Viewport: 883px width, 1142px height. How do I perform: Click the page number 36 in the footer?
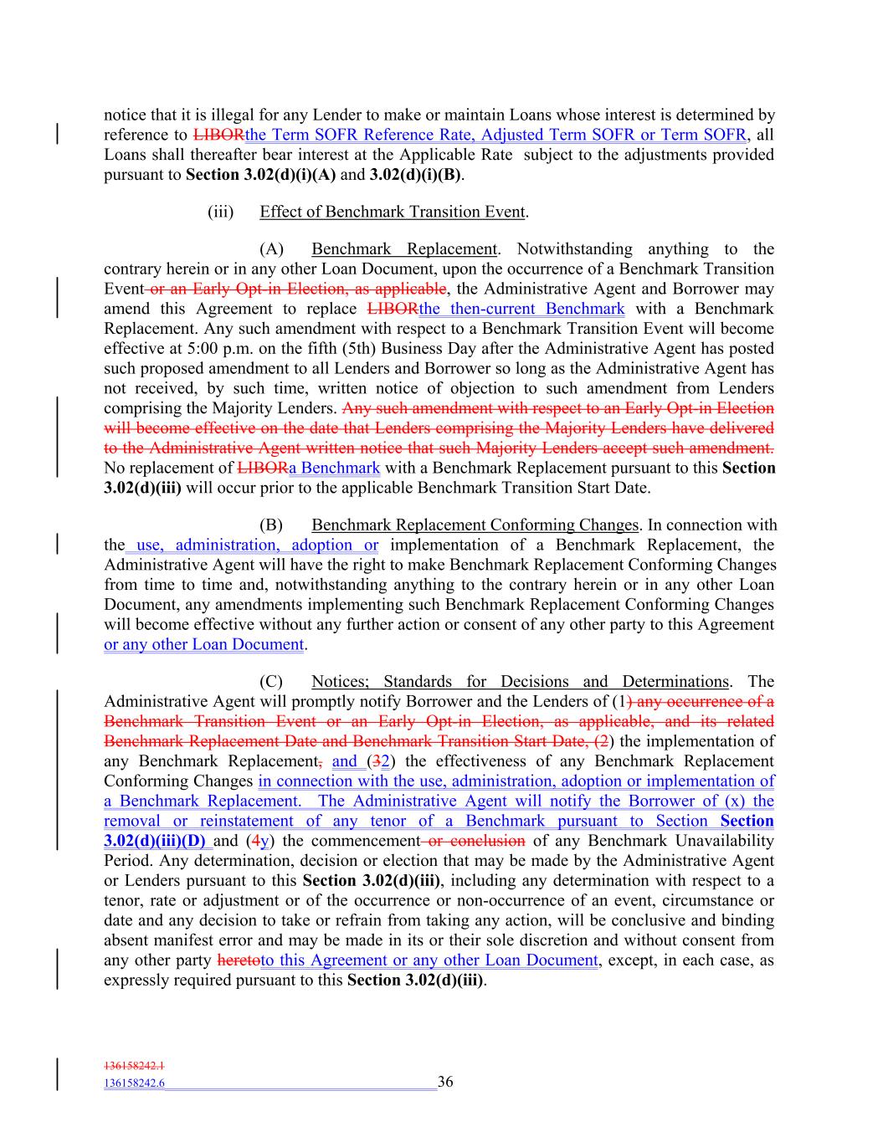click(445, 1082)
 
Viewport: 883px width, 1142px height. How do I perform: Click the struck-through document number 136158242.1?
click(134, 1066)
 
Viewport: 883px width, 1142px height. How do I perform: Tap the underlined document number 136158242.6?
click(134, 1083)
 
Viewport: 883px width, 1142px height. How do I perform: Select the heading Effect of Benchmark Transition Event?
click(393, 212)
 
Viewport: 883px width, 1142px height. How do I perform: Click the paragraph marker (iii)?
click(220, 212)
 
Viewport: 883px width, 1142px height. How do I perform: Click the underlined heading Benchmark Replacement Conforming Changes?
click(475, 525)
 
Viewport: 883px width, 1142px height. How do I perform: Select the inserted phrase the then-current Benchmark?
click(521, 309)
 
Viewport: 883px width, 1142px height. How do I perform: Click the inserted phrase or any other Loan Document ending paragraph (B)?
click(203, 644)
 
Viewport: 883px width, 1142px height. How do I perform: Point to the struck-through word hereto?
click(239, 960)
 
